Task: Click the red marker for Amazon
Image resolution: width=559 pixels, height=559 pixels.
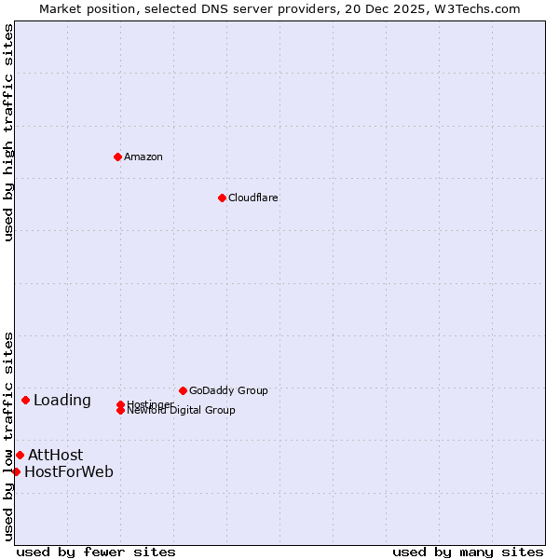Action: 117,157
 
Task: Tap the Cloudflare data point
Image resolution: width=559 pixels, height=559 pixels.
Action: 222,198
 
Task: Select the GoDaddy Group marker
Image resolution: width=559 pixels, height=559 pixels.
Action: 183,390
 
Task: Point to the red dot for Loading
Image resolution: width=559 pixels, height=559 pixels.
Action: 25,400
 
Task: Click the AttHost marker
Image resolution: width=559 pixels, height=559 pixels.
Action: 20,455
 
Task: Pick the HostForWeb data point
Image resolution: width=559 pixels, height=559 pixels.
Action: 16,471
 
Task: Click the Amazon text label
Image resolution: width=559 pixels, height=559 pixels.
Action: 143,157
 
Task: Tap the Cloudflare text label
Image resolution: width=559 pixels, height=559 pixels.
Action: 253,198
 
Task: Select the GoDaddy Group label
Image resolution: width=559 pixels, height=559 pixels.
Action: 228,390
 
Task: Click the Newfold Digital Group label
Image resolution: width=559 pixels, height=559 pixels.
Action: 182,411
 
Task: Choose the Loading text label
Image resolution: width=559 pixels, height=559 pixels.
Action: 62,401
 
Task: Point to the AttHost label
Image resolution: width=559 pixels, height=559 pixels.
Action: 55,455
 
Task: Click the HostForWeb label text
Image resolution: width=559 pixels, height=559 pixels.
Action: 69,471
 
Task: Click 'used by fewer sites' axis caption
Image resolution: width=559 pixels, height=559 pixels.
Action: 96,552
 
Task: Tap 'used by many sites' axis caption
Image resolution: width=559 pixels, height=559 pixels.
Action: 468,552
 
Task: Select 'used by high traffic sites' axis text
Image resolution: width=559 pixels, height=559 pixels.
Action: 8,132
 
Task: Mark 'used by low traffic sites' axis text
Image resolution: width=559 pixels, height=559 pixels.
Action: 8,435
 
